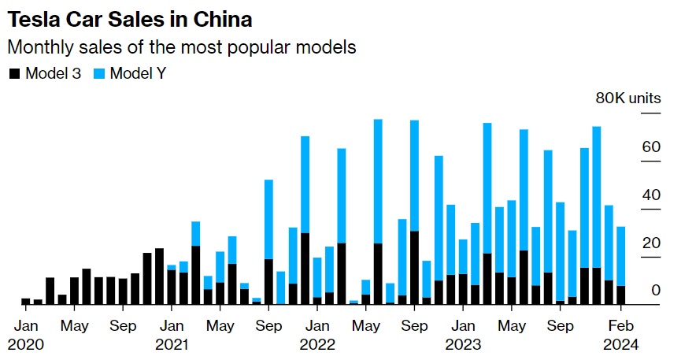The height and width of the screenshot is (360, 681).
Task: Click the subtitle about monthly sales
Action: point(182,47)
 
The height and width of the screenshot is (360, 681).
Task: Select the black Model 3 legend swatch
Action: point(14,74)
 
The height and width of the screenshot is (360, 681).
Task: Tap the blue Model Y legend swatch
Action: point(98,74)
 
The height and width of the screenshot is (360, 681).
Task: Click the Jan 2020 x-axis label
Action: point(26,334)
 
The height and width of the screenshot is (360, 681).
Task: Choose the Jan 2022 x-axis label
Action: point(317,334)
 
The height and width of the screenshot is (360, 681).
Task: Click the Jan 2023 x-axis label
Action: point(463,334)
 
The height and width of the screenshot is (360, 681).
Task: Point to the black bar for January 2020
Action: point(26,301)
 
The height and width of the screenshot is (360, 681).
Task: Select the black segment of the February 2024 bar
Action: point(621,295)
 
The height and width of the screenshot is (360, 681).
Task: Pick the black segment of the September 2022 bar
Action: point(414,268)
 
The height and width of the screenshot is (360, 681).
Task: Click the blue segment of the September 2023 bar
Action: point(561,251)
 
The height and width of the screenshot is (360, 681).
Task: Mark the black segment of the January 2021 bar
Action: point(172,288)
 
